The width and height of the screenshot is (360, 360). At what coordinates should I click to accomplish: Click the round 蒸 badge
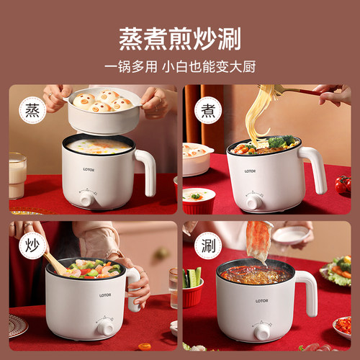[x=32, y=110]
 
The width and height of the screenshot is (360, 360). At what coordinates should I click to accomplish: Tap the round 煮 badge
[x=208, y=110]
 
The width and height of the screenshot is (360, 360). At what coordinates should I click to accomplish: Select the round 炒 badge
[x=32, y=246]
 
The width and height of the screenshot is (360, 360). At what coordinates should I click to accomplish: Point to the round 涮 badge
[x=208, y=246]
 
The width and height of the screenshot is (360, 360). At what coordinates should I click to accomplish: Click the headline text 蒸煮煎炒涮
[x=180, y=39]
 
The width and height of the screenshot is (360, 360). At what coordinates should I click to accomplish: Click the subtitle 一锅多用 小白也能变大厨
[x=180, y=67]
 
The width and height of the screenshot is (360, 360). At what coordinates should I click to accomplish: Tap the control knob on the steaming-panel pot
[x=88, y=199]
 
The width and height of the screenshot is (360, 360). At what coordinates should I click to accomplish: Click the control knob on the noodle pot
[x=254, y=202]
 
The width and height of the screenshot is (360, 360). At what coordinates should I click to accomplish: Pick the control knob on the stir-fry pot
[x=106, y=328]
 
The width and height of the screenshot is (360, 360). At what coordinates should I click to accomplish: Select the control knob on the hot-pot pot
[x=262, y=333]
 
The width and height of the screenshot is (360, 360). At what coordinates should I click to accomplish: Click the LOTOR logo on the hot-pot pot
[x=261, y=301]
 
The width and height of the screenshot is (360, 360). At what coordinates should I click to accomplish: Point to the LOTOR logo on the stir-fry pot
[x=105, y=295]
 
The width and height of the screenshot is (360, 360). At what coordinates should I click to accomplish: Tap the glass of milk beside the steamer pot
[x=17, y=176]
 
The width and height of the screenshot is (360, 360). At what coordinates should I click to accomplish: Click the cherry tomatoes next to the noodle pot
[x=343, y=184]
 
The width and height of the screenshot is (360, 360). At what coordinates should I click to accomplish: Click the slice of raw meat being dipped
[x=259, y=243]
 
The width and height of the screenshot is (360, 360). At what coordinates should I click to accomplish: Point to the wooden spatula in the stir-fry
[x=55, y=264]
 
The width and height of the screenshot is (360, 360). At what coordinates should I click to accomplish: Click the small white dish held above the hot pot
[x=291, y=235]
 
